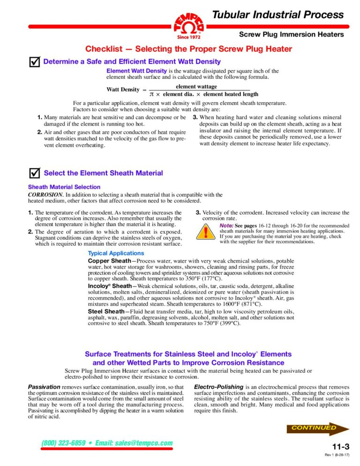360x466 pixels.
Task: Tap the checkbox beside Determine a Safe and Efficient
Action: [34, 62]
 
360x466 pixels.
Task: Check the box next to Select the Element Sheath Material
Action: [34, 173]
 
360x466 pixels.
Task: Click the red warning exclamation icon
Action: [205, 233]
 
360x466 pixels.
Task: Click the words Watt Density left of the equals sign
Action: [123, 90]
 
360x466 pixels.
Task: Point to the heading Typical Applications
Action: [113, 253]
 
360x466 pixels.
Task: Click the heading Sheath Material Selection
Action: [64, 187]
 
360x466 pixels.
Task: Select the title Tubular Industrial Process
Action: [278, 15]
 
